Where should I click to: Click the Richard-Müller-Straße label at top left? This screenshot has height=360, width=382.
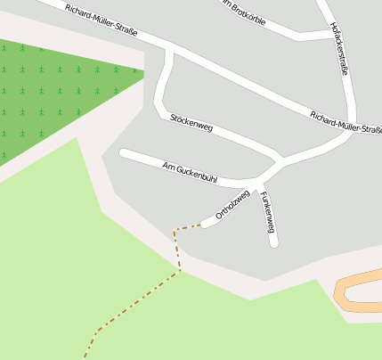[101, 21]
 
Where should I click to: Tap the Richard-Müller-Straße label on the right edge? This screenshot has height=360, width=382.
[346, 123]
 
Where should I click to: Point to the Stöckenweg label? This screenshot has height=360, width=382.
[191, 123]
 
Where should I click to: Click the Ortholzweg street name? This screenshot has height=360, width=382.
[232, 205]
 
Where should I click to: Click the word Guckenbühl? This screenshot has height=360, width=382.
[198, 173]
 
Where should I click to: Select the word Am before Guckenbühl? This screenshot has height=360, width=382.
[168, 165]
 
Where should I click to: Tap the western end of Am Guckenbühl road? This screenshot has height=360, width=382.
[124, 153]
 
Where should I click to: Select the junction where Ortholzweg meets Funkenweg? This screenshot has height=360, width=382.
[259, 187]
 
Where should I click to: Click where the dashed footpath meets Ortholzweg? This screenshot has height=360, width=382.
[203, 225]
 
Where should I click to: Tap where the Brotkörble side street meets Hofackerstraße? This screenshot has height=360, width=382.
[331, 34]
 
